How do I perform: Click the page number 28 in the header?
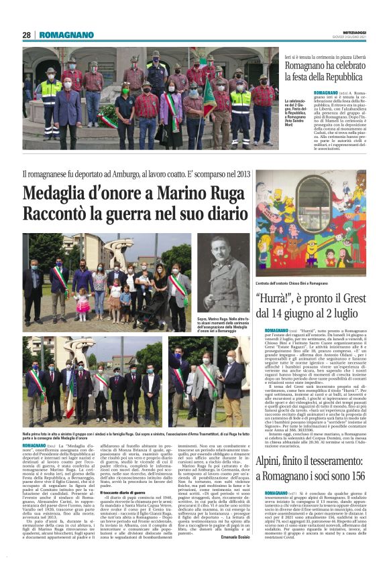[x=27, y=35]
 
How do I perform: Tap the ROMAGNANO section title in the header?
[x=66, y=35]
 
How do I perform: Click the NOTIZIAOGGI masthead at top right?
[x=348, y=31]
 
